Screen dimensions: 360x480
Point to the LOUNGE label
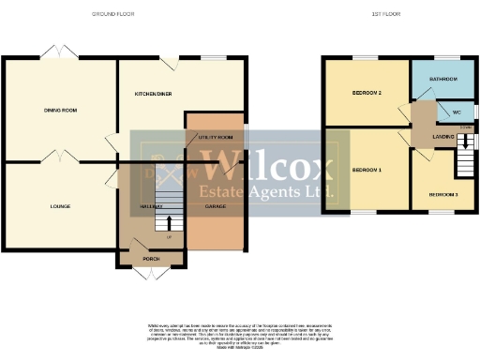coord(61,205)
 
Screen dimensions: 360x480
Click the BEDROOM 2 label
coord(365,94)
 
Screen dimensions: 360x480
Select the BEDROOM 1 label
coord(365,170)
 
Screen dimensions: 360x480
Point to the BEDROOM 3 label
coord(442,194)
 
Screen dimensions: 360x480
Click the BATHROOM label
coord(442,79)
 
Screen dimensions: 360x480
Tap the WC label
coord(457,112)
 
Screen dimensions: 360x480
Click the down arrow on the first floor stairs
coord(463,140)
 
